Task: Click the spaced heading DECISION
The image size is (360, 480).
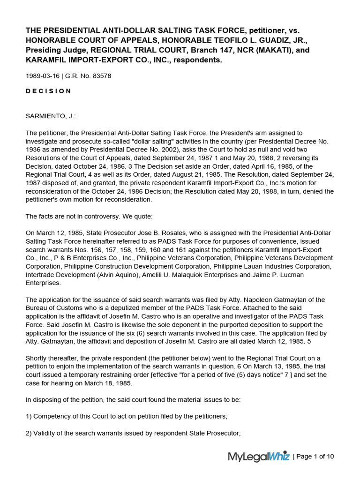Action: pyautogui.click(x=48, y=91)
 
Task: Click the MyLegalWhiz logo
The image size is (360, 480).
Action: pyautogui.click(x=258, y=456)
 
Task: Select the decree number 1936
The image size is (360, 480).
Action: pyautogui.click(x=33, y=150)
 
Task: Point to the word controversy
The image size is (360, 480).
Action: pyautogui.click(x=103, y=216)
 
